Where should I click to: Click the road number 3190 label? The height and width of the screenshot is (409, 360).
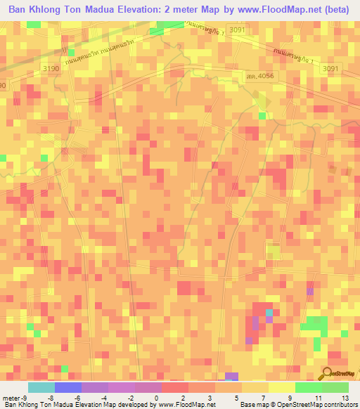51,67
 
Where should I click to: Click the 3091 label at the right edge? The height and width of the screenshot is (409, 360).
330,68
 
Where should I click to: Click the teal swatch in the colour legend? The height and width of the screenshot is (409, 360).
41,388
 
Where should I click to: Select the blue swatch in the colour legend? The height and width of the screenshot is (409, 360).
68,388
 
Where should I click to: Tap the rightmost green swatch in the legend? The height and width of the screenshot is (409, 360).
335,388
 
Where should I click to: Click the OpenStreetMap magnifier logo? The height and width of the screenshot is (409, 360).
328,375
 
